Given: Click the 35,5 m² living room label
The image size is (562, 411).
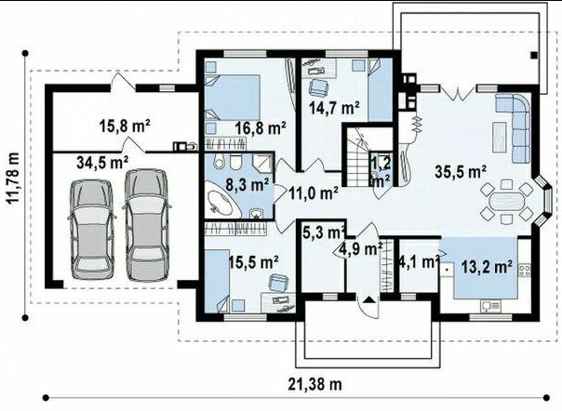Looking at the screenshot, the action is point(461,172).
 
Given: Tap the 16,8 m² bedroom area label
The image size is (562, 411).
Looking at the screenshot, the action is point(261,128).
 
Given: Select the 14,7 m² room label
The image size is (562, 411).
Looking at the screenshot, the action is point(334,108).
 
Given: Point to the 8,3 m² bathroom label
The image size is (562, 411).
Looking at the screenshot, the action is point(248,185).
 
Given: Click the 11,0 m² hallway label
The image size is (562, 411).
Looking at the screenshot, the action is point(314,193).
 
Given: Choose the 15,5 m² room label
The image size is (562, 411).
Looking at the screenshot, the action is point(254,262).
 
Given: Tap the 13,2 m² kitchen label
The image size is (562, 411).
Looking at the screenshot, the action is point(487,267).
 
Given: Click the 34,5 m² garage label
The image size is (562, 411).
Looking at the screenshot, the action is point(102,163).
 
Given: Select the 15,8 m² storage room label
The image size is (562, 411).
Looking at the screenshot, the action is point(125,126).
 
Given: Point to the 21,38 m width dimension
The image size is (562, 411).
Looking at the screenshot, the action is point(315,384).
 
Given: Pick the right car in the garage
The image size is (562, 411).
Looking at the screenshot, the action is point(146,225).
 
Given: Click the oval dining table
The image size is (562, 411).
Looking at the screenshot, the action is point(506,202).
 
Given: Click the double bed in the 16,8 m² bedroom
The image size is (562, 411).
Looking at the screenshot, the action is point(233,97).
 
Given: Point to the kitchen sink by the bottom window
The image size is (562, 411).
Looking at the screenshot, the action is point(491,306).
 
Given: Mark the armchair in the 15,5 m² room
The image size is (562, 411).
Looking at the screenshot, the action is point(278,283).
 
